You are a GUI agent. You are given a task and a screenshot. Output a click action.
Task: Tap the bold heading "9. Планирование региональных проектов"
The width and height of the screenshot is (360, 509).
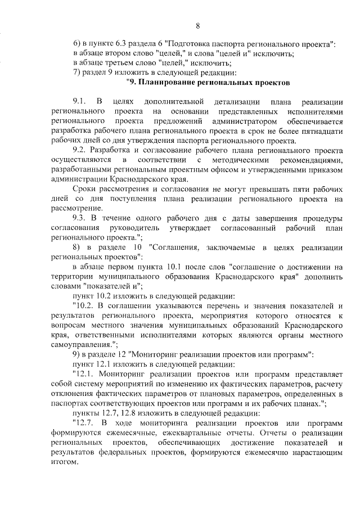coord(208,83)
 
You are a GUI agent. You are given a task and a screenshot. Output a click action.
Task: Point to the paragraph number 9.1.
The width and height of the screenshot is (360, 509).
coord(79,102)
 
